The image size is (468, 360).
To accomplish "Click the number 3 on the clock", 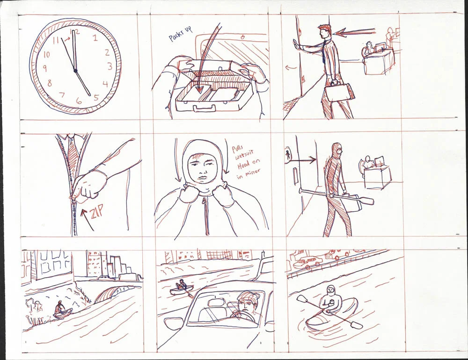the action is tap(110, 66).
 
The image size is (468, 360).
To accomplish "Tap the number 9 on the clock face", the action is tap(45, 68).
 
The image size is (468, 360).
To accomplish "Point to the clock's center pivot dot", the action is tap(75, 71).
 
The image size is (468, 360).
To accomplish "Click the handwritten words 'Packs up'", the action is tap(180, 34).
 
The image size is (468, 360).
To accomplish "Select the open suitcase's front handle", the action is tap(205, 108).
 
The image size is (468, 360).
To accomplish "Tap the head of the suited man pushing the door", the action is tap(325, 31).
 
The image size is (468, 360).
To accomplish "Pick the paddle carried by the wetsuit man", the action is tap(336, 195).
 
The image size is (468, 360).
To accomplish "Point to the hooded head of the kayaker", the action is tap(330, 290).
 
